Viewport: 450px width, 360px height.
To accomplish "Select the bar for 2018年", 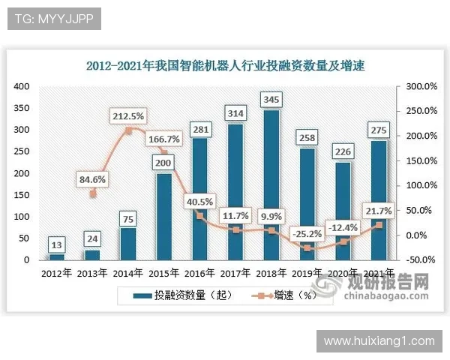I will (x=271, y=187).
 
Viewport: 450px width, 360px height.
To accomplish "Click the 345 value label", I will (x=271, y=99).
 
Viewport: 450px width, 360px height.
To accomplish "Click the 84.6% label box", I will (x=91, y=178).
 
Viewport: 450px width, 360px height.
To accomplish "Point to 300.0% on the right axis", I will (x=421, y=87).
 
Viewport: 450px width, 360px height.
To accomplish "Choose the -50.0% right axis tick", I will (x=422, y=259).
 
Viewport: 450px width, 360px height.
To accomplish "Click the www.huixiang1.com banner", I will (x=379, y=340).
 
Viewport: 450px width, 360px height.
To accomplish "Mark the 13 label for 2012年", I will (x=56, y=244).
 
